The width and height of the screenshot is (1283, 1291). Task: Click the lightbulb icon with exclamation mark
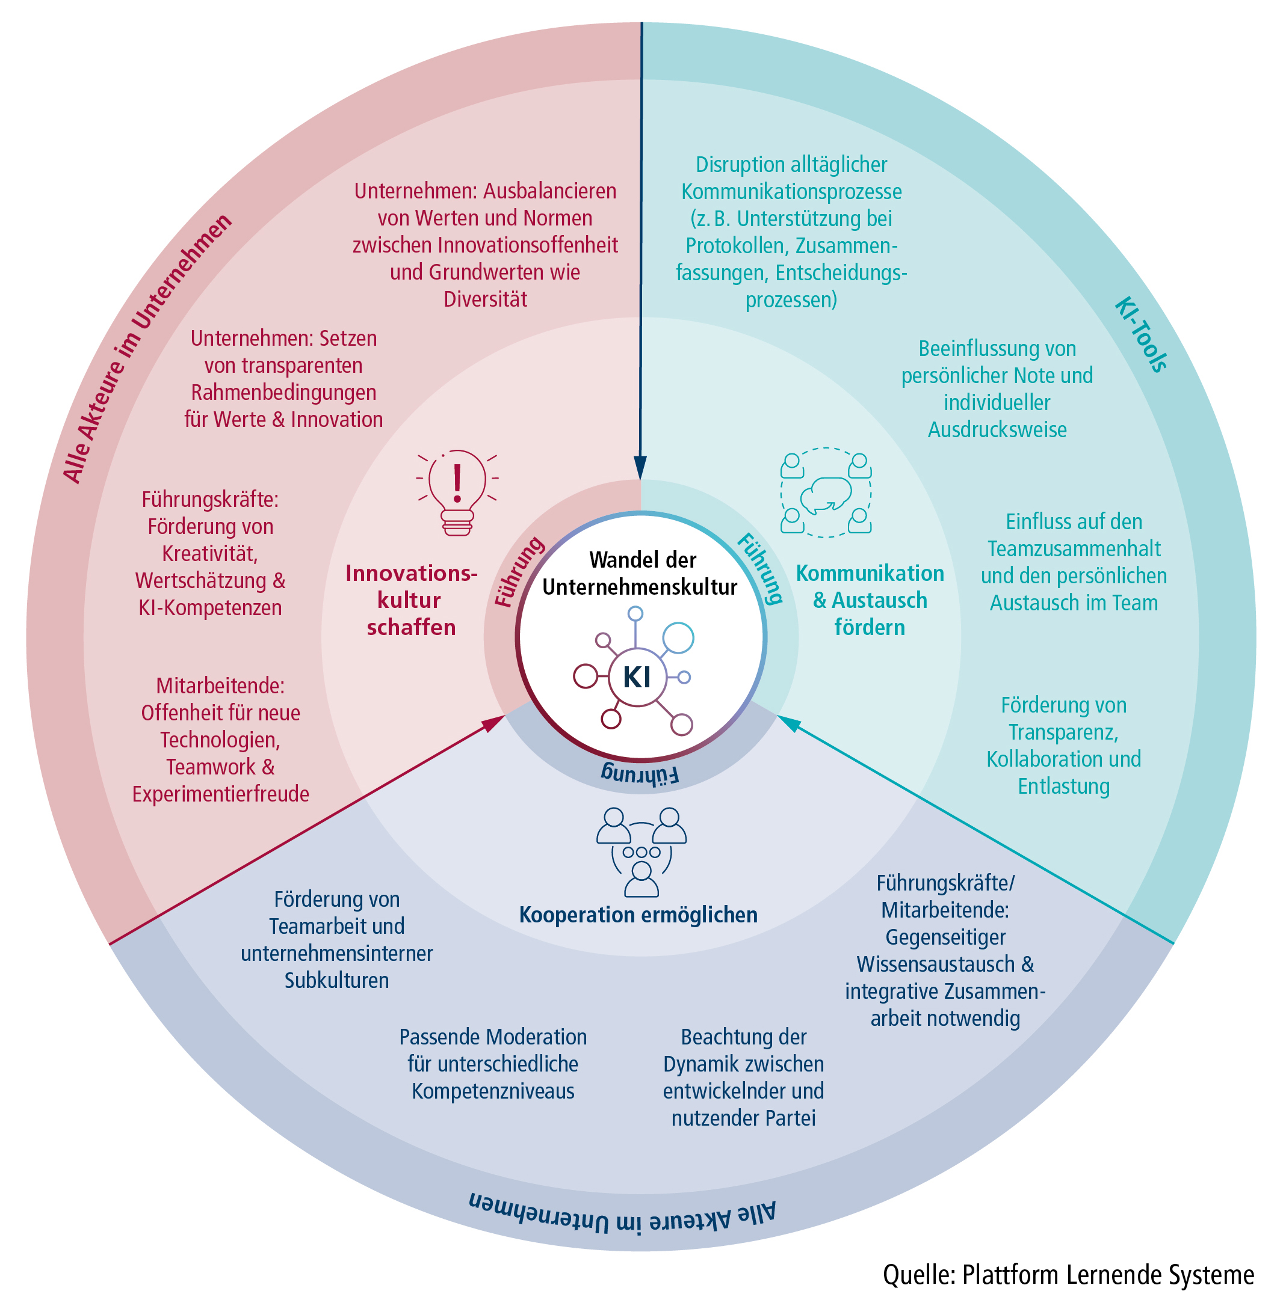pyautogui.click(x=457, y=492)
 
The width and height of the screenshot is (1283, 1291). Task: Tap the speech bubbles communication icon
pyautogui.click(x=826, y=493)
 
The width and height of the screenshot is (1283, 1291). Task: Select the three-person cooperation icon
pyautogui.click(x=641, y=852)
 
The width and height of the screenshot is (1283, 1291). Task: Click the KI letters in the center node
pyautogui.click(x=637, y=678)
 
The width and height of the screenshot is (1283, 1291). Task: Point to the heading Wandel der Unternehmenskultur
pyautogui.click(x=640, y=573)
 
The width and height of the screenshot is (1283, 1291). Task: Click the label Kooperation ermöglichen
pyautogui.click(x=638, y=915)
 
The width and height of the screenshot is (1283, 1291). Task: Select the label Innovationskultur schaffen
pyautogui.click(x=410, y=600)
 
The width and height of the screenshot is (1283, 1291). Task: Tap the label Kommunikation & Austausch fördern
pyautogui.click(x=869, y=600)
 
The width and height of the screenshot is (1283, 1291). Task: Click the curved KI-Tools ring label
pyautogui.click(x=1140, y=335)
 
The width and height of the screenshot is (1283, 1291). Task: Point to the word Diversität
pyautogui.click(x=486, y=299)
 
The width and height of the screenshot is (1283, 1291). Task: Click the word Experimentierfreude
pyautogui.click(x=221, y=794)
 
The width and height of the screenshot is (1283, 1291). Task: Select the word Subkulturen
pyautogui.click(x=336, y=980)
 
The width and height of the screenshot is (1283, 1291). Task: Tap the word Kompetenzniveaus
pyautogui.click(x=493, y=1091)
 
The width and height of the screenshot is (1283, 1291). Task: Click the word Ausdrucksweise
pyautogui.click(x=997, y=430)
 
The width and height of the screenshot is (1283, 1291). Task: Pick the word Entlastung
pyautogui.click(x=1064, y=787)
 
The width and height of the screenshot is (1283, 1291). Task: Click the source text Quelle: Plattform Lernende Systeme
pyautogui.click(x=1068, y=1274)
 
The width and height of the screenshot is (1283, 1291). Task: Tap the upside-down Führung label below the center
pyautogui.click(x=640, y=774)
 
